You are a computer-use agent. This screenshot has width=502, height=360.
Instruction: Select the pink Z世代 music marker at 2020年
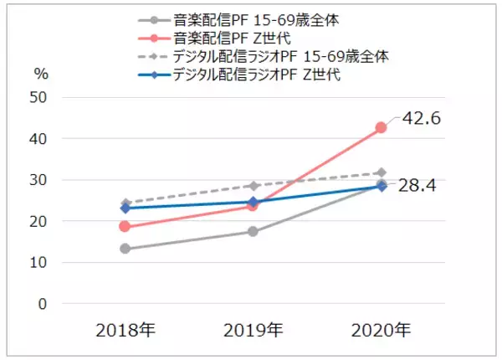click(x=381, y=128)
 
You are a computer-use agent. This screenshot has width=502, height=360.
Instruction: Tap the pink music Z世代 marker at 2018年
click(x=125, y=226)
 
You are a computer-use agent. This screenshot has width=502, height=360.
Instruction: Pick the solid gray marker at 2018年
click(x=125, y=249)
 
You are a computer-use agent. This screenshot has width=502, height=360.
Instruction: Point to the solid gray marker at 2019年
click(x=253, y=232)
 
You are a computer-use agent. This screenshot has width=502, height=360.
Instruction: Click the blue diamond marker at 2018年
click(x=125, y=208)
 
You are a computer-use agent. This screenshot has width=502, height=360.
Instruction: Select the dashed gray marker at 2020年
click(x=381, y=172)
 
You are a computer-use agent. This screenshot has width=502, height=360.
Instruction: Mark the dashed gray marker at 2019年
click(x=253, y=185)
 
